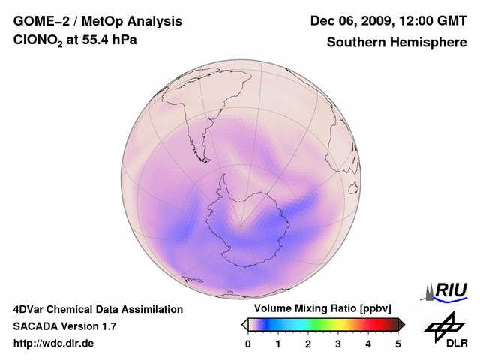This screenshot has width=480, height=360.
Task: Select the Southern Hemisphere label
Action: pyautogui.click(x=396, y=42)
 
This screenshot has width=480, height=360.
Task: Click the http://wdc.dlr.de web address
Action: pyautogui.click(x=54, y=343)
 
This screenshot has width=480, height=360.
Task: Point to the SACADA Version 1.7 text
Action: pyautogui.click(x=64, y=326)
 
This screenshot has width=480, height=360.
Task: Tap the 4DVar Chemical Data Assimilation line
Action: pyautogui.click(x=97, y=309)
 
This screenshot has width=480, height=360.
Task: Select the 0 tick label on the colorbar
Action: pyautogui.click(x=248, y=343)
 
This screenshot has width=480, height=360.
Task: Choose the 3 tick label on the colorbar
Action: pyautogui.click(x=338, y=343)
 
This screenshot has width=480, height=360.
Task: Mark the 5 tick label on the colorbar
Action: pyautogui.click(x=398, y=343)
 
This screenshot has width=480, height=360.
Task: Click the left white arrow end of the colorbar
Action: pyautogui.click(x=244, y=324)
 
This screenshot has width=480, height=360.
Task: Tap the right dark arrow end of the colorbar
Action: pyautogui.click(x=401, y=324)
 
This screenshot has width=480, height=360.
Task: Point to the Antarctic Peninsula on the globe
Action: pyautogui.click(x=223, y=182)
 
